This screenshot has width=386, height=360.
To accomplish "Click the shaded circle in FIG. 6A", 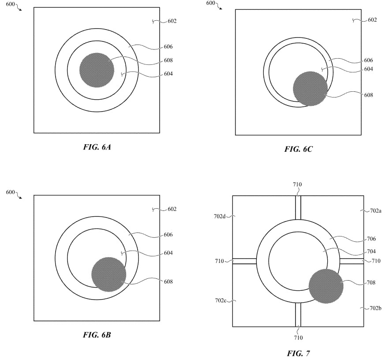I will [97, 70].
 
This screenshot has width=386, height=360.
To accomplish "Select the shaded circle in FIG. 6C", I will [310, 88].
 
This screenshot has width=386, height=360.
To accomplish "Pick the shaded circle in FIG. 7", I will [326, 285].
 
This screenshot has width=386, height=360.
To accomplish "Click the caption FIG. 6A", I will [97, 147].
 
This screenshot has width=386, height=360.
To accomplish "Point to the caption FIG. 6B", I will [97, 335].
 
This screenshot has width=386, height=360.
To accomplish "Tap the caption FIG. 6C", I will [298, 149].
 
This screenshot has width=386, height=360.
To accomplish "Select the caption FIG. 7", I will [298, 353].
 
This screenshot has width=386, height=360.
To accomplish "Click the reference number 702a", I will [375, 211].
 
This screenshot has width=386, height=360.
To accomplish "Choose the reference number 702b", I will [375, 308].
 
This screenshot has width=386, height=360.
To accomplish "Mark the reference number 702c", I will [221, 300].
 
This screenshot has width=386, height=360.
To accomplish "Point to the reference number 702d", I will [221, 216].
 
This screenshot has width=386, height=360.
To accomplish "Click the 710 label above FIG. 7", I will [297, 184].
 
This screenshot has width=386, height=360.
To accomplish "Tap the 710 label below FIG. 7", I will [298, 338].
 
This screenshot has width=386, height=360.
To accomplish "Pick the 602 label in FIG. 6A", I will [172, 21].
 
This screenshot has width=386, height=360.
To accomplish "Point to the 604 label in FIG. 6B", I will [167, 253].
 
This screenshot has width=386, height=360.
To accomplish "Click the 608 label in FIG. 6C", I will [368, 95].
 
